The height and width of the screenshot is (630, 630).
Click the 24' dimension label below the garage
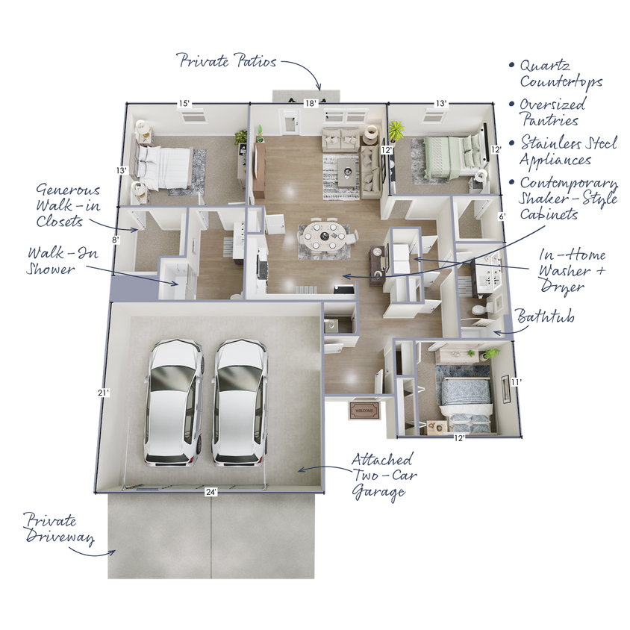[x=211, y=492]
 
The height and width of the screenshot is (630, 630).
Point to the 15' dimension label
[x=184, y=102]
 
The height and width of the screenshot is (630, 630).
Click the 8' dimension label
[x=114, y=240]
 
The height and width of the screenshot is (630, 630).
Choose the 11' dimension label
[x=517, y=381]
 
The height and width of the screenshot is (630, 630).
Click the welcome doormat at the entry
[x=364, y=411]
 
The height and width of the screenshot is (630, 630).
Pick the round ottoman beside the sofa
[x=371, y=132]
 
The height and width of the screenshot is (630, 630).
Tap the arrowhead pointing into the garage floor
[x=300, y=470]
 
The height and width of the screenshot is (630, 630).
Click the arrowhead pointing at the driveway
[x=112, y=553]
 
